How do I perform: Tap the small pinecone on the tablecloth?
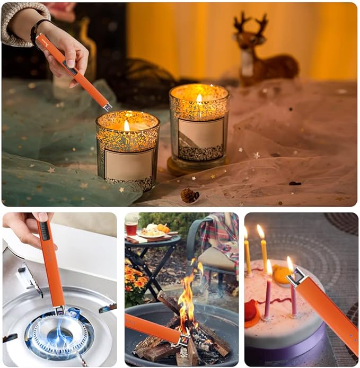189,195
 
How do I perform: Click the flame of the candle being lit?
127,125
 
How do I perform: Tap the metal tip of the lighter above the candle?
108,106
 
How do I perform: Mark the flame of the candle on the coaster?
199,99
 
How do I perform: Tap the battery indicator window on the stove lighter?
45,230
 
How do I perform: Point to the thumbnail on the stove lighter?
42,217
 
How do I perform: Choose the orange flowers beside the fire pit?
136,281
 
